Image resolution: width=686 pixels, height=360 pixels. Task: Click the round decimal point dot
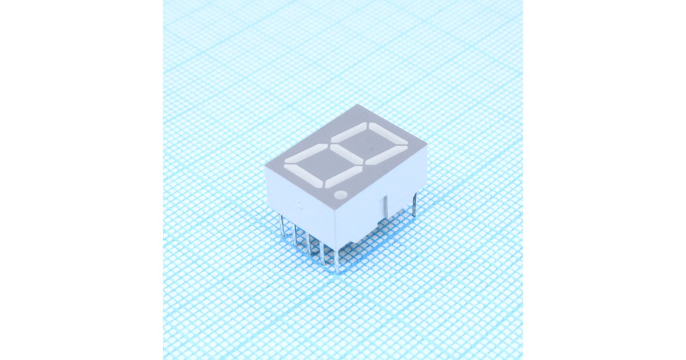(x=341, y=195)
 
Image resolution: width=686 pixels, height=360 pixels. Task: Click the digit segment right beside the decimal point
(x=342, y=177)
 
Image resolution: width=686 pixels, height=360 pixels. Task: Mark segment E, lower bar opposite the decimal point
(x=306, y=155)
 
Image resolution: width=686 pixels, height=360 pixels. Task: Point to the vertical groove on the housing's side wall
(x=385, y=206)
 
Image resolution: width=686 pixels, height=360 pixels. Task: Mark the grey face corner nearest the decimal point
(x=335, y=207)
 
